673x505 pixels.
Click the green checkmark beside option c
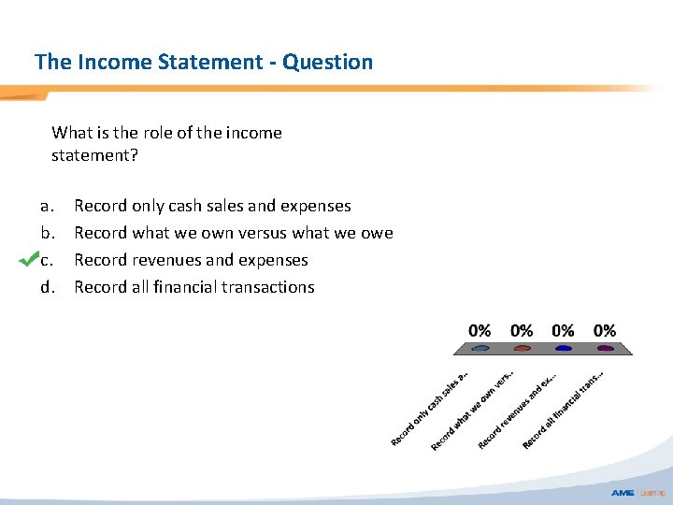coord(28,259)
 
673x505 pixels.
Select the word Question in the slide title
coord(327,63)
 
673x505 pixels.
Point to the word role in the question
coord(154,133)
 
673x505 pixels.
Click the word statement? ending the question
coord(94,155)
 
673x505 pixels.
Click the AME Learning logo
coord(637,493)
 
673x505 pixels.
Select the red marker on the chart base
coord(522,348)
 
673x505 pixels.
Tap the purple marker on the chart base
coord(605,348)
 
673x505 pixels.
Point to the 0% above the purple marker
coord(604,330)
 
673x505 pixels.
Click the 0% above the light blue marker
coord(480,330)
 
